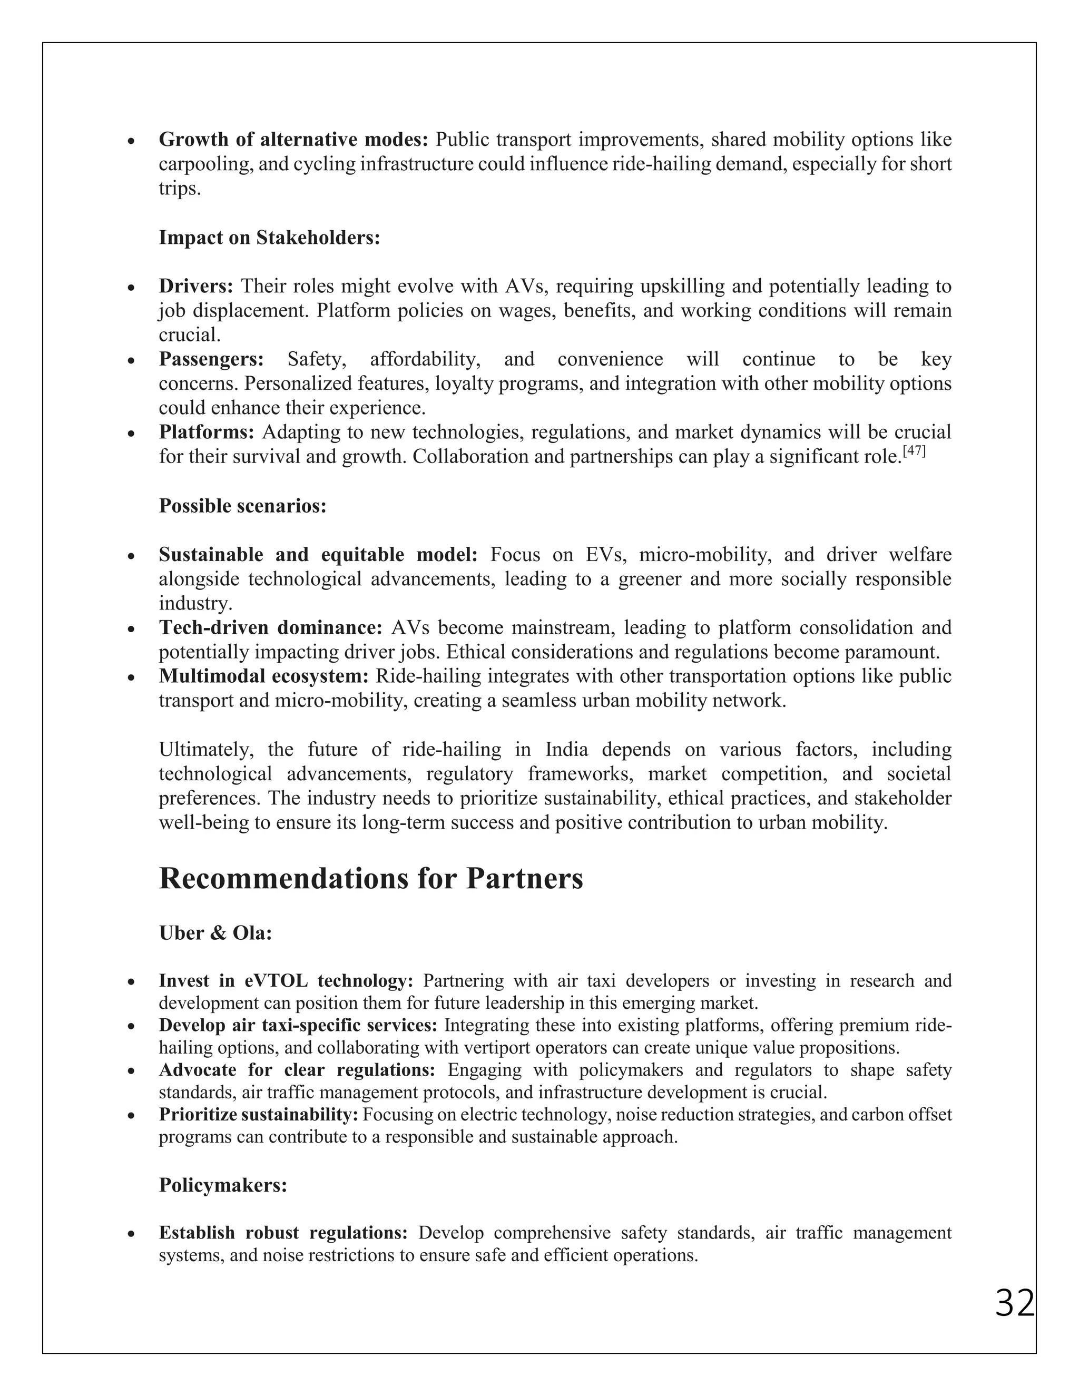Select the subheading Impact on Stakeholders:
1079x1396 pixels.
click(x=269, y=238)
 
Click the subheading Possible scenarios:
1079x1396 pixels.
click(x=242, y=506)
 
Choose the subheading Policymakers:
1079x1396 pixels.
click(x=223, y=1185)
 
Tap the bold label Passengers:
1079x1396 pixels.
click(x=211, y=359)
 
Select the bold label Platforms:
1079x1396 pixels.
click(x=207, y=432)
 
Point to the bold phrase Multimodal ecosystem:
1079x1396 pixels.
click(x=264, y=676)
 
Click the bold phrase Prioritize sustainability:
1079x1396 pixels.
click(x=258, y=1115)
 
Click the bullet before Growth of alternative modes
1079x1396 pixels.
click(x=131, y=141)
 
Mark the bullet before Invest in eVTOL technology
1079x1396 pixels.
click(x=131, y=982)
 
